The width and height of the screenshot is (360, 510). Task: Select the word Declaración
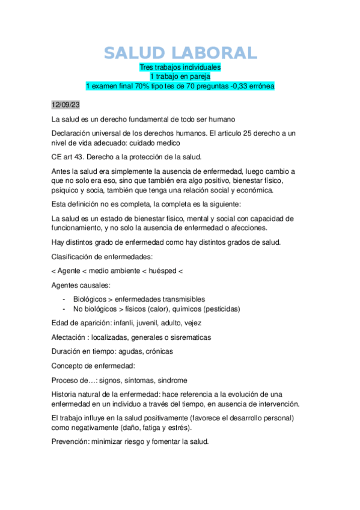[x=75, y=133]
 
